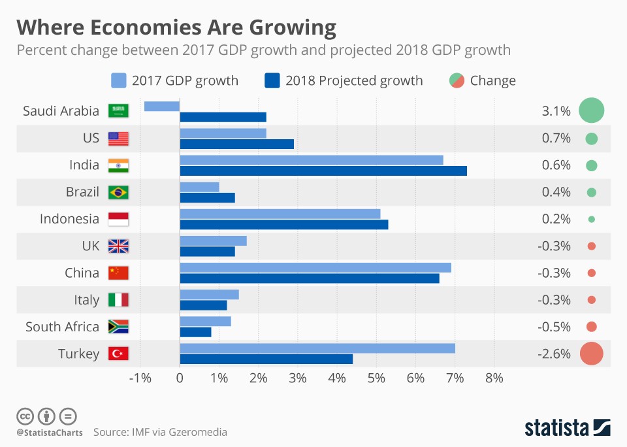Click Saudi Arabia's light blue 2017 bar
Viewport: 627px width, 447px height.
tap(162, 106)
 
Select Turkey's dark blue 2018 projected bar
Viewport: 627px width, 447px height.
tap(266, 359)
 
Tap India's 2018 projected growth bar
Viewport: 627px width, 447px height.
tap(323, 171)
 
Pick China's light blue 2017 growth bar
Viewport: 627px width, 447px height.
tap(315, 267)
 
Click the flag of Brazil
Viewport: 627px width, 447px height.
tap(118, 192)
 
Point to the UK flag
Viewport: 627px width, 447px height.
tap(118, 246)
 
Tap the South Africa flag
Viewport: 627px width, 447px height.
tap(118, 327)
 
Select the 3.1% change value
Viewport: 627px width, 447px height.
tap(556, 111)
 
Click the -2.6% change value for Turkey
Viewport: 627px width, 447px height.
tap(555, 354)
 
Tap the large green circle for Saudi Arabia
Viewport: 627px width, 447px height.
tap(591, 110)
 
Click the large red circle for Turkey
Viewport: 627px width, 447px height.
tap(591, 354)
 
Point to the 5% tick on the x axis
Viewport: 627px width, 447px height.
tap(376, 378)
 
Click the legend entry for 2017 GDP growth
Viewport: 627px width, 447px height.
tap(175, 80)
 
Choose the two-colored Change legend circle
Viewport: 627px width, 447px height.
tap(457, 80)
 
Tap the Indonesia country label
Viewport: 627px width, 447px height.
tap(69, 219)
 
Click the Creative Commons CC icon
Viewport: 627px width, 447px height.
tap(25, 416)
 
